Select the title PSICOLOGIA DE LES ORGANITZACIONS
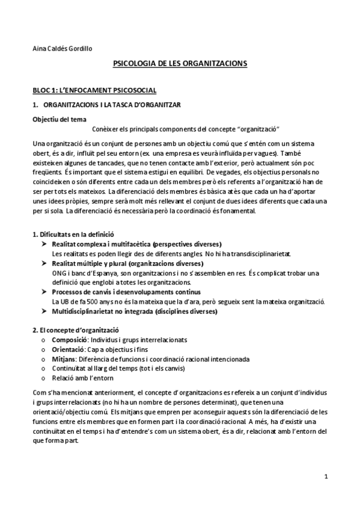(x=180, y=63)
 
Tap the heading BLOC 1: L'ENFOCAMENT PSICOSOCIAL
(x=94, y=90)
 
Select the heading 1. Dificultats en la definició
(x=65, y=234)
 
